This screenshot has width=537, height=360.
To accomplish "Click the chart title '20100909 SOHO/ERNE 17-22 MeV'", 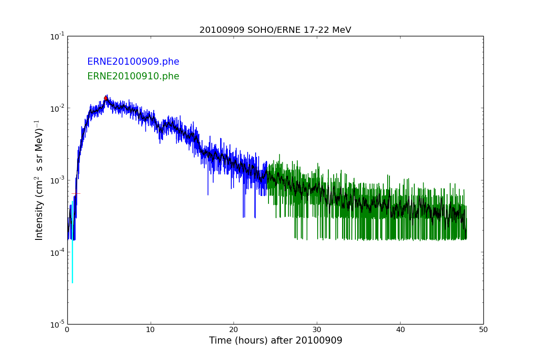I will (275, 30).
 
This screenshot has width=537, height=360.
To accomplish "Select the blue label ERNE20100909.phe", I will (133, 62).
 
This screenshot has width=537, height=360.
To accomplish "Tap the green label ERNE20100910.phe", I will (133, 76).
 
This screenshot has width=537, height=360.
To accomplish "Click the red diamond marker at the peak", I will (106, 98).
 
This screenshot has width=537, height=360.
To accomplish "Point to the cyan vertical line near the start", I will (72, 248).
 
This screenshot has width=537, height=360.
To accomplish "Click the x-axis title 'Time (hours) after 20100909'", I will (276, 340).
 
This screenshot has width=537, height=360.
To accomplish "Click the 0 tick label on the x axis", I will (67, 329).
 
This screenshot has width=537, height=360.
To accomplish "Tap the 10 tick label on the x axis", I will (151, 329).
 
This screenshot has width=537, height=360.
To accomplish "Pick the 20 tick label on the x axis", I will (233, 329).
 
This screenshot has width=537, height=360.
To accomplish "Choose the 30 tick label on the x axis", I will (317, 329).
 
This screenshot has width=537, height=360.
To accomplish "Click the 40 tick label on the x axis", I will (400, 329).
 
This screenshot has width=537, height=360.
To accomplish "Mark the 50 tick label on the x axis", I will (483, 329).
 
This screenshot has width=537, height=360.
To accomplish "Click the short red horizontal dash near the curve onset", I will (76, 193).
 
